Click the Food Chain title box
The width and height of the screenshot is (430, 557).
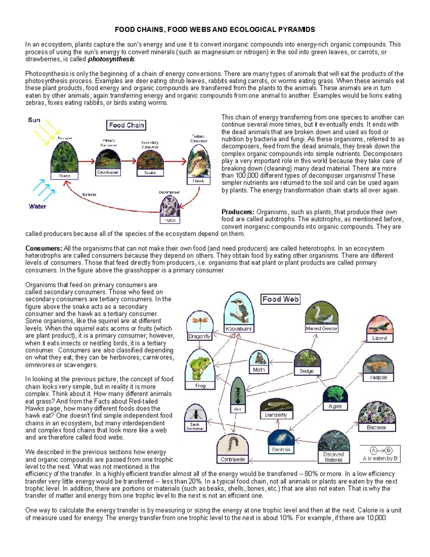click(x=126, y=125)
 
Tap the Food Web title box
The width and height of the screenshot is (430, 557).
click(x=281, y=299)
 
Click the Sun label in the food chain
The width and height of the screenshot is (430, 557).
click(x=34, y=120)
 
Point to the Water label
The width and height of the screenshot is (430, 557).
click(x=37, y=206)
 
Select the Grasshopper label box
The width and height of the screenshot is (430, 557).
click(x=107, y=173)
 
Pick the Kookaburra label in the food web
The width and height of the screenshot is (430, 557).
click(x=239, y=329)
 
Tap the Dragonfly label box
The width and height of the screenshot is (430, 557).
click(x=200, y=336)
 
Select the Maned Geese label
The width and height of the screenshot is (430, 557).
click(x=321, y=328)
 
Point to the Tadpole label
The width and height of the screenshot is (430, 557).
click(x=378, y=377)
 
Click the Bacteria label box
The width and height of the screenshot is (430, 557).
click(x=376, y=428)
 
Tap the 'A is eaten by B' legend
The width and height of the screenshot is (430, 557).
click(x=380, y=454)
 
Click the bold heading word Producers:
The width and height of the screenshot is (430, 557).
click(x=238, y=212)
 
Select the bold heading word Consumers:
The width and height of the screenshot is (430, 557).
click(x=43, y=249)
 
